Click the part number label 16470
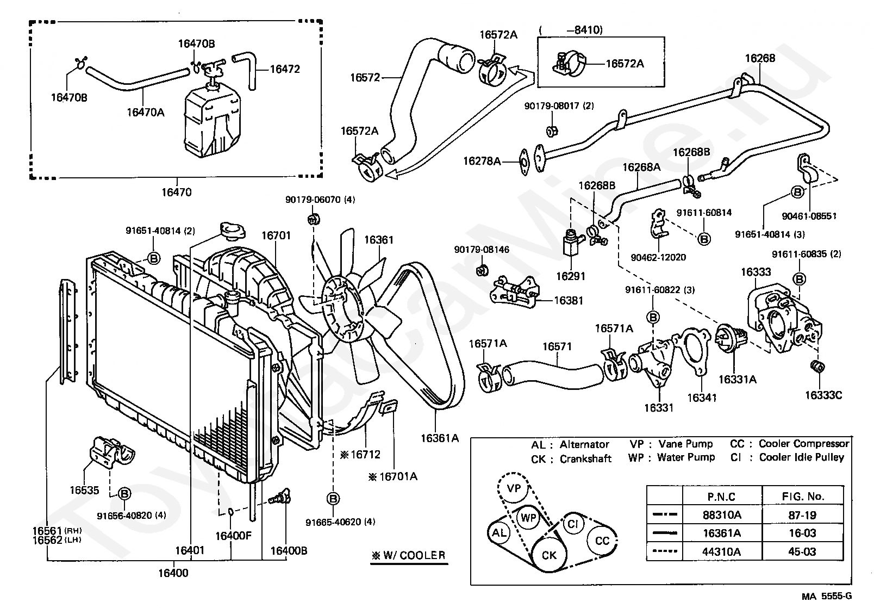177,192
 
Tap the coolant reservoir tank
213,121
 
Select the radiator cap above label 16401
233,230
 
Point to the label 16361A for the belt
440,438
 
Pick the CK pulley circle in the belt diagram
548,555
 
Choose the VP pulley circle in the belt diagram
514,488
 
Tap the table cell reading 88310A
722,515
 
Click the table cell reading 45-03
802,552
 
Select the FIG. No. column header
803,497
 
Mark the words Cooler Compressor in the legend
804,444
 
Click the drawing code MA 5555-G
827,596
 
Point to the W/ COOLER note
409,555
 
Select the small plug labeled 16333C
818,367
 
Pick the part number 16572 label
365,77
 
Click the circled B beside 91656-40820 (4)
124,494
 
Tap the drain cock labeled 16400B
282,498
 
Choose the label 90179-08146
482,250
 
